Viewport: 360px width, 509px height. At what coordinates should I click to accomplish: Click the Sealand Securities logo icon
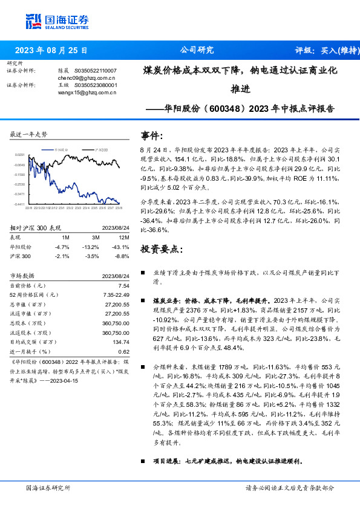click(34, 21)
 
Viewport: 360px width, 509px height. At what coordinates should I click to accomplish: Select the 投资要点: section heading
click(160, 249)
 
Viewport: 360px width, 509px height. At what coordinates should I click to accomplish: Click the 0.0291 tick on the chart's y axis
click(21, 155)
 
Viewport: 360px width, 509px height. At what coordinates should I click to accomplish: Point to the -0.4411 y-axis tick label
click(19, 204)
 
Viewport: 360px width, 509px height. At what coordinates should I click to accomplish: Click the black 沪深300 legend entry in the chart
click(100, 148)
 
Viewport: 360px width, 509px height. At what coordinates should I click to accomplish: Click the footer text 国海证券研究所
click(48, 487)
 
